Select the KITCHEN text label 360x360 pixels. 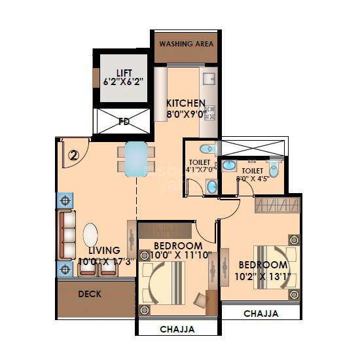click(186, 103)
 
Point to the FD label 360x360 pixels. click(124, 121)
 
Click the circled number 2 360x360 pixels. click(74, 156)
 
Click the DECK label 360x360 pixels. click(90, 294)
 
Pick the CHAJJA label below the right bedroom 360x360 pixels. click(261, 314)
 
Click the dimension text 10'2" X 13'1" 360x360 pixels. click(262, 277)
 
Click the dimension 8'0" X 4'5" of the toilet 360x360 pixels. click(252, 178)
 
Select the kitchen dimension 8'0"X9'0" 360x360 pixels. click(186, 115)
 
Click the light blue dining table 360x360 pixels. click(136, 159)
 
